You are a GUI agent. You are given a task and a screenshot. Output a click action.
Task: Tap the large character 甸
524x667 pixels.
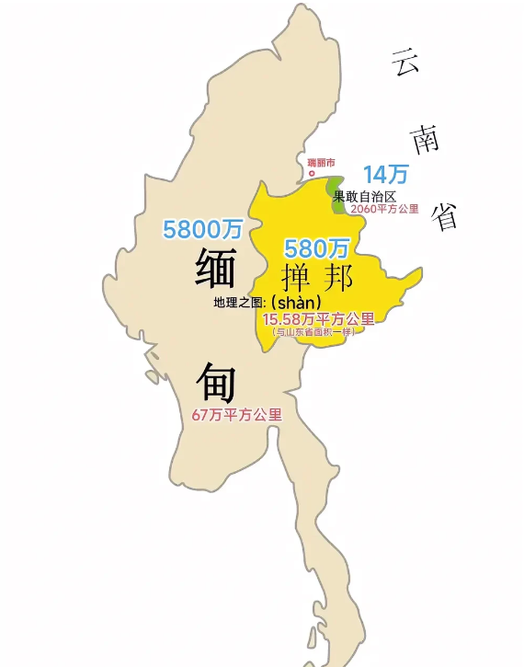tap(214, 380)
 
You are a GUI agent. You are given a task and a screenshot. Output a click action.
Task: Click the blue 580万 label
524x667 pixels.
tap(317, 248)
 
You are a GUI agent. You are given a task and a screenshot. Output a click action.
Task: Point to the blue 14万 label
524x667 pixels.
tap(385, 174)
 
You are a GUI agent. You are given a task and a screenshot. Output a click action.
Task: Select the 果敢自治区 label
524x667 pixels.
tap(364, 196)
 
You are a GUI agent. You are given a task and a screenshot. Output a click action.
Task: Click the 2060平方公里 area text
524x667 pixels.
tap(384, 209)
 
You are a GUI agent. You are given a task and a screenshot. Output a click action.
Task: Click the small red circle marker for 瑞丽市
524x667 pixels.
tap(311, 173)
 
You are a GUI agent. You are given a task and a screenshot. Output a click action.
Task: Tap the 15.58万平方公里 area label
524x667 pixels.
tap(318, 319)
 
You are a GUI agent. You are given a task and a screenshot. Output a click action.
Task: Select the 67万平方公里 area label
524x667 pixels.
tap(237, 415)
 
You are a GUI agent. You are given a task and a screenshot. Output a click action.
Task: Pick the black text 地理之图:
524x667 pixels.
tap(240, 303)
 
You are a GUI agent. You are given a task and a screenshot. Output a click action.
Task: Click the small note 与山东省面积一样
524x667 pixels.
tap(315, 331)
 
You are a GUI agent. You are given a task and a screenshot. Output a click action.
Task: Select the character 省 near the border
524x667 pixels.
tap(445, 217)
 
